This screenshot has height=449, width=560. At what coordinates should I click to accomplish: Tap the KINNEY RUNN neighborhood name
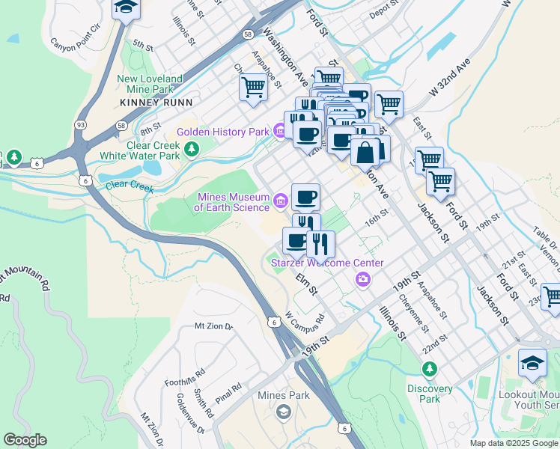156,102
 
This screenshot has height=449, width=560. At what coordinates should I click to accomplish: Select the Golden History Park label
222,132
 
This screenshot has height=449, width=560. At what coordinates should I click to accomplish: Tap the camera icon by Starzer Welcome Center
363,279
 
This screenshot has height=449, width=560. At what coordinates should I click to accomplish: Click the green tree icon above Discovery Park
430,369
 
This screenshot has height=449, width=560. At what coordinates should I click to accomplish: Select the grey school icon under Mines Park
283,412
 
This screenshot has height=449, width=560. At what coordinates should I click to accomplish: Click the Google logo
25,440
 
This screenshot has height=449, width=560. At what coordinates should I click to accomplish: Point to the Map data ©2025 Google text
513,443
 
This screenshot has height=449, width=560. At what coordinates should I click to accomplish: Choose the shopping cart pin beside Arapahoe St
253,88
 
